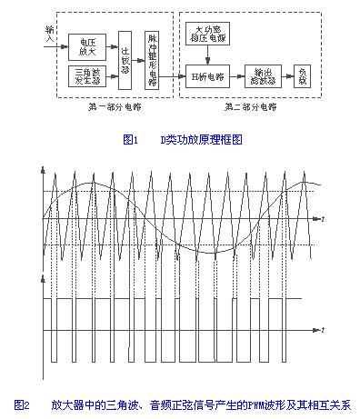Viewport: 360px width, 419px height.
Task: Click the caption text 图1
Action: (x=127, y=141)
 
